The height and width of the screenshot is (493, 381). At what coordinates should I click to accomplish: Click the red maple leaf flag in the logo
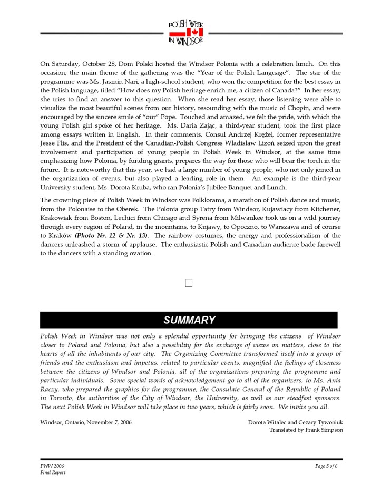pyautogui.click(x=186, y=32)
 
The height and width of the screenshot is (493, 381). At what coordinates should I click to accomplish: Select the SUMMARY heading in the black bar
pyautogui.click(x=189, y=320)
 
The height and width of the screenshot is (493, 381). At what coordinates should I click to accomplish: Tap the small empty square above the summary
pyautogui.click(x=189, y=283)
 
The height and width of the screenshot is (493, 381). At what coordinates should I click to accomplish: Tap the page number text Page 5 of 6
pyautogui.click(x=326, y=466)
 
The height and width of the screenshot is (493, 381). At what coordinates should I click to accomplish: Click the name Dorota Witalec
pyautogui.click(x=268, y=422)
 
